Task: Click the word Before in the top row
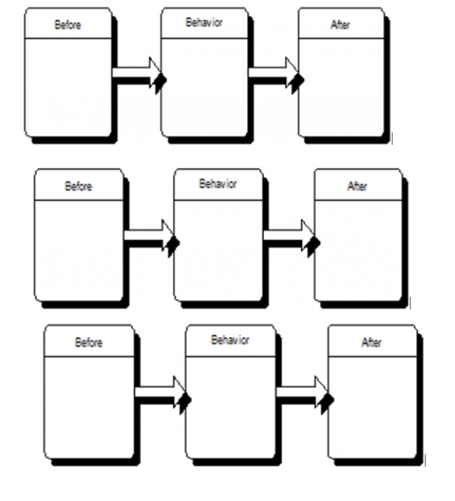tap(67, 25)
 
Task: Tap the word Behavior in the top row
tap(205, 24)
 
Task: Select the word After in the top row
tap(340, 25)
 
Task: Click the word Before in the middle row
tap(78, 186)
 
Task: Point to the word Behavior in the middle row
tap(218, 184)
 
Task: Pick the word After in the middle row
tap(356, 186)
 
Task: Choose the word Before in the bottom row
tap(88, 343)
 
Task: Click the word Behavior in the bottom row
tap(230, 340)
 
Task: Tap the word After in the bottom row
tap(371, 343)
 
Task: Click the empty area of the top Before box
tap(67, 87)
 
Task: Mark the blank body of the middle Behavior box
tap(218, 250)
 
